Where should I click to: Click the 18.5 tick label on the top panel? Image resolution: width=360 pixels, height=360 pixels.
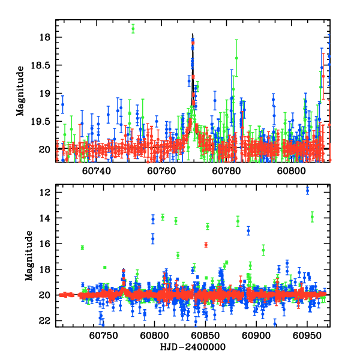(x=44, y=65)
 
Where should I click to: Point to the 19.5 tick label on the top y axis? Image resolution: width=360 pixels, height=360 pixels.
(x=44, y=121)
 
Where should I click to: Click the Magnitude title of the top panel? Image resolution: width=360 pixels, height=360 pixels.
(x=20, y=90)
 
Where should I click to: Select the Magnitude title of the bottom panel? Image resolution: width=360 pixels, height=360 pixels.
(x=28, y=256)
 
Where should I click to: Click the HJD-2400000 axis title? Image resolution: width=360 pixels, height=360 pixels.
(x=193, y=347)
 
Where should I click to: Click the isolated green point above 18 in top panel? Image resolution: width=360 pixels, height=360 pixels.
(x=133, y=28)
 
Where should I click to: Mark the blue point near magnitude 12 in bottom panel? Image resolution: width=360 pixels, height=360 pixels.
(x=307, y=190)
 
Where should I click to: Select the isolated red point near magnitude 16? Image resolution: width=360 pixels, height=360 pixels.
(x=206, y=244)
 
